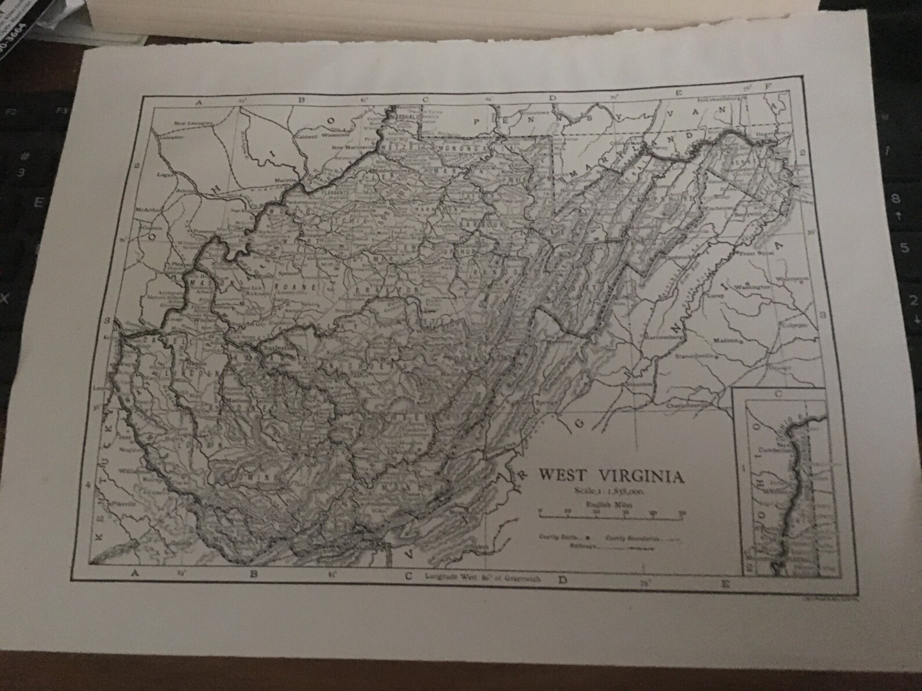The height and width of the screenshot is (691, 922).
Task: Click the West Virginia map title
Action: pos(611,476)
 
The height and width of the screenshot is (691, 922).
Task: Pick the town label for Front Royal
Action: pos(756,253)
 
